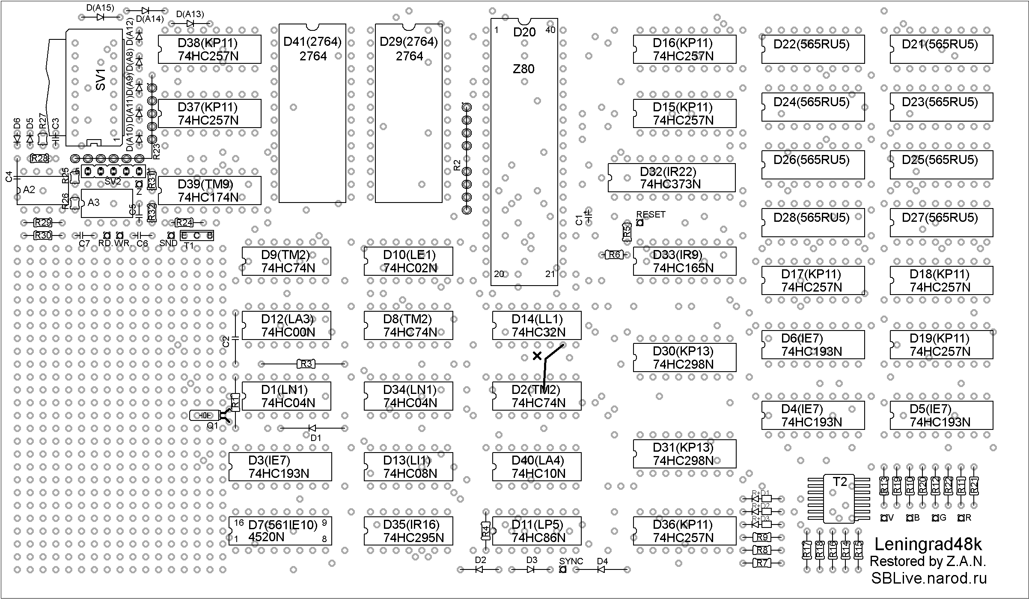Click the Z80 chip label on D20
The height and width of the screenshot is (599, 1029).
pos(523,69)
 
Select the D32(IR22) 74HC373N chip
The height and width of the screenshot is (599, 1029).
pos(671,178)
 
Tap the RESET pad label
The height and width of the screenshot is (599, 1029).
pos(651,215)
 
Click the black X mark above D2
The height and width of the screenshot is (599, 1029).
pos(537,356)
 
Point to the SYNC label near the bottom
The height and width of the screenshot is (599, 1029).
pos(571,561)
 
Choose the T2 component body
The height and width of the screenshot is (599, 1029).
pos(839,498)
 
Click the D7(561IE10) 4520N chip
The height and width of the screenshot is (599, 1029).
pos(280,531)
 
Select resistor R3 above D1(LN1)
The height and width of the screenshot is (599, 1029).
pos(306,364)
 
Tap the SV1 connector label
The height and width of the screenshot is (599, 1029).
pos(100,80)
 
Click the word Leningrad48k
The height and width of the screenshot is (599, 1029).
pos(928,544)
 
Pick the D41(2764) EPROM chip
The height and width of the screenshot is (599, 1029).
pos(312,113)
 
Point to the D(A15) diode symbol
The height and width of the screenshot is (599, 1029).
pos(101,17)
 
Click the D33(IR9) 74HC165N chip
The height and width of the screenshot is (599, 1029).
pos(684,261)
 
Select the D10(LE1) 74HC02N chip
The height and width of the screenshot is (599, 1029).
pos(408,261)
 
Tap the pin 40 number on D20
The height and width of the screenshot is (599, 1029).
pos(550,30)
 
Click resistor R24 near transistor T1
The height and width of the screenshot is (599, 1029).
pos(184,223)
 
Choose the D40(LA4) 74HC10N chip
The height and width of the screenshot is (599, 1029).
pos(537,467)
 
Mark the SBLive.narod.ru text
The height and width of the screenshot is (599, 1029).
pos(929,578)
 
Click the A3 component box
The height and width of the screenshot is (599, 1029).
pos(107,203)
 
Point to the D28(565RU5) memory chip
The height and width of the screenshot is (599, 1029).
pos(813,223)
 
